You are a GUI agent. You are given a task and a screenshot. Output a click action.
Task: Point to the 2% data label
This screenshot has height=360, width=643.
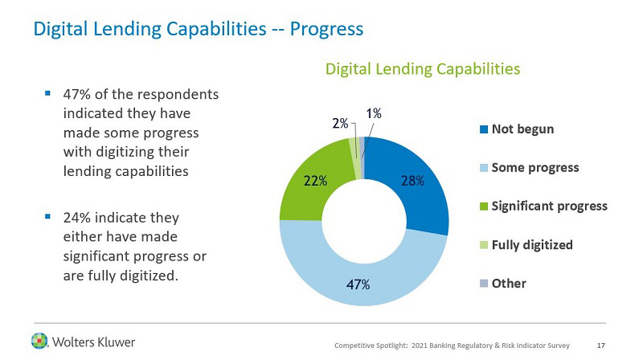pos(339,124)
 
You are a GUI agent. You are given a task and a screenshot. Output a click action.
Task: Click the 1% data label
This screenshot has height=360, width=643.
pos(374,114)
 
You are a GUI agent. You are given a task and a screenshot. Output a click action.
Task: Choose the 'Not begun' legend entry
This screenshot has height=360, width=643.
pos(522,129)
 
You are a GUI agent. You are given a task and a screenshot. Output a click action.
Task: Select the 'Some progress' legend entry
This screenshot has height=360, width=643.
pos(535,167)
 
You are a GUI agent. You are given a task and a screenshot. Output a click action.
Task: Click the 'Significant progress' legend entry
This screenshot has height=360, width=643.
pos(549,206)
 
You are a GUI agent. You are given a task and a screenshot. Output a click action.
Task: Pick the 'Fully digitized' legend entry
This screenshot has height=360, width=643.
pos(532,244)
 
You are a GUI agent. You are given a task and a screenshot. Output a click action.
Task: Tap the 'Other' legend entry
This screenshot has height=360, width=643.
pos(509,283)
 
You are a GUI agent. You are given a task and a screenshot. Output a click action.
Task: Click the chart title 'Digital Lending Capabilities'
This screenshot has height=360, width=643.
pos(422,69)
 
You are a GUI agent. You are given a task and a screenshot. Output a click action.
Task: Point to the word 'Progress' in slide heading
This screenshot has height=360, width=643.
pos(327,29)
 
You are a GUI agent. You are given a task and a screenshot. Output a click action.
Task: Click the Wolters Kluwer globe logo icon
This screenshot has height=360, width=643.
pos(39,340)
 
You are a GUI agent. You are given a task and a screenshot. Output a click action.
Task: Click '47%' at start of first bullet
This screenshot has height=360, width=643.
pos(77,95)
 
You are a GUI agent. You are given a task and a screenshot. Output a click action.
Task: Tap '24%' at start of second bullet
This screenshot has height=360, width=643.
pos(77,218)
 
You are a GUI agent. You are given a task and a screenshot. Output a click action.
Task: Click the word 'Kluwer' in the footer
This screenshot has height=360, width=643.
pos(112,342)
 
